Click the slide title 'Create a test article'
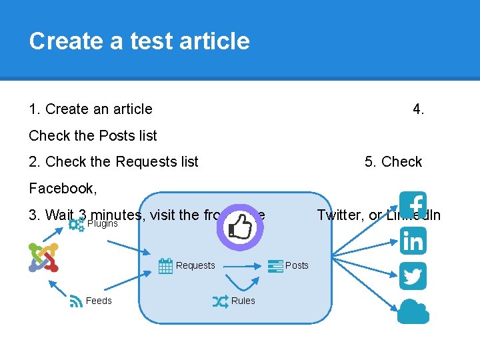coord(139,41)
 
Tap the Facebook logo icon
coord(413,205)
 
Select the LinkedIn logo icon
coord(413,241)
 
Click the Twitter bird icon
coord(413,276)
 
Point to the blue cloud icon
coord(413,311)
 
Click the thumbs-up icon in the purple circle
coord(240,227)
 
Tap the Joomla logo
coord(44,257)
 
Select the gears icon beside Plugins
coord(77,224)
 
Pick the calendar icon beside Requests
coord(166,266)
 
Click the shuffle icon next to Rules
coord(220,301)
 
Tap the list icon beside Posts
coord(275,265)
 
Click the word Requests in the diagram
coord(195,266)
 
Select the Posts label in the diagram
coord(297,265)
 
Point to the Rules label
coord(243,301)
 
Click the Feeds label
coord(99,301)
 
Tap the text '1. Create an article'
coord(91,109)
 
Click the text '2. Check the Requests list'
coord(114,161)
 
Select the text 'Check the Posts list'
coord(93,135)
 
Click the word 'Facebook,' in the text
coord(63,188)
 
